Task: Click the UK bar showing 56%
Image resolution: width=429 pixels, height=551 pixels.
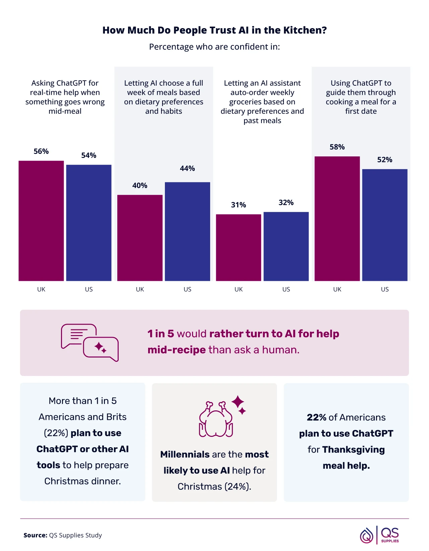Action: point(41,221)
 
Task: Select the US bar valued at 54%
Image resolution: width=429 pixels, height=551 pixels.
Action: point(88,223)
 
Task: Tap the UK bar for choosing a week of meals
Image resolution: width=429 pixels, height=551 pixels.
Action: point(140,238)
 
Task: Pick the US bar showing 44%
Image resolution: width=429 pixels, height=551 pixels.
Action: point(187,231)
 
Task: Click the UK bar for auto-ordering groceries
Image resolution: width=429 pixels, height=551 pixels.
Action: point(238,247)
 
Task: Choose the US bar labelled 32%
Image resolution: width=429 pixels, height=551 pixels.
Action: point(286,246)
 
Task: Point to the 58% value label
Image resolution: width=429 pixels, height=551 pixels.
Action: point(337,147)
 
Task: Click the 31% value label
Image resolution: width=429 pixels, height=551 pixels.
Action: point(238,205)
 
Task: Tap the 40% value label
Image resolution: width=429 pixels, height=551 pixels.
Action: point(140,185)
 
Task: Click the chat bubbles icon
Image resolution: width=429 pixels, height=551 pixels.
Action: point(90,342)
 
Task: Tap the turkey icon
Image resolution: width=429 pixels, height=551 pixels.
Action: point(216,419)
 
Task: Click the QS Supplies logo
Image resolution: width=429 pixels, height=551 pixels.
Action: point(379,535)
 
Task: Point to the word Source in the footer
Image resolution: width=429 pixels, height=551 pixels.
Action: point(35,535)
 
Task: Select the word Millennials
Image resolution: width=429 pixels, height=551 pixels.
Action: point(185,454)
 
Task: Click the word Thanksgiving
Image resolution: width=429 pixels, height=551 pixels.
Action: point(353,450)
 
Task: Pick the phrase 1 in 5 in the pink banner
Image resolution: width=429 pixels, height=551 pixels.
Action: point(161,334)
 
